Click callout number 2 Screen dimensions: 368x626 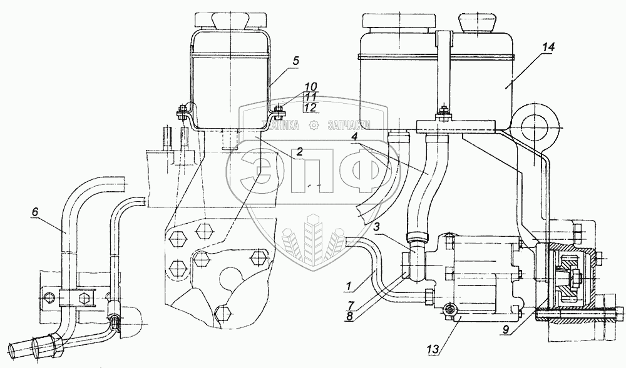coord(300,150)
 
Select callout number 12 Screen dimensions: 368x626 coord(310,107)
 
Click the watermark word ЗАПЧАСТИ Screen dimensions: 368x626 coord(349,125)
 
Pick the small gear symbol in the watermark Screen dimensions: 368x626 coord(319,125)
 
